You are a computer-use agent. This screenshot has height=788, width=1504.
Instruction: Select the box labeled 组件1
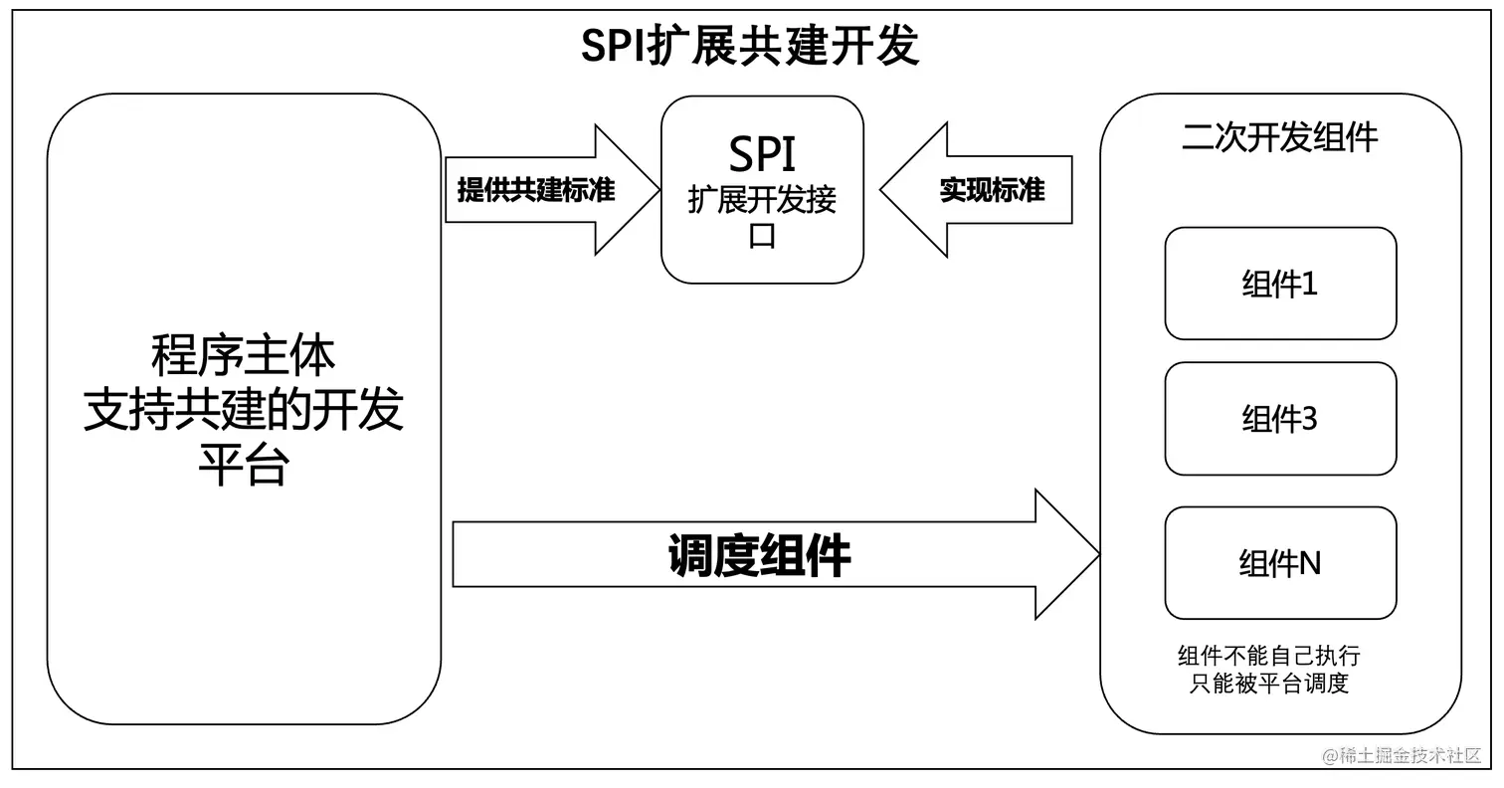tap(1280, 284)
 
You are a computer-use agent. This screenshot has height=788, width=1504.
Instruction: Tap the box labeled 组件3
tap(1280, 418)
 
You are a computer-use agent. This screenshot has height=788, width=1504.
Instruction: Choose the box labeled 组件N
tap(1280, 563)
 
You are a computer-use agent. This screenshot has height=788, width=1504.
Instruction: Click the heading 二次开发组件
tap(1279, 137)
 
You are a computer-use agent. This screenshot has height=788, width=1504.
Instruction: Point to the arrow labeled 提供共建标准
tap(537, 189)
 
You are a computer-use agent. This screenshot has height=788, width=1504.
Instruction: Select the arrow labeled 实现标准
tap(991, 189)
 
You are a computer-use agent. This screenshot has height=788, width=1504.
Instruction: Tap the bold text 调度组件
tap(759, 555)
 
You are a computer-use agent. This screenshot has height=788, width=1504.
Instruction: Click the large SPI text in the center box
tap(762, 153)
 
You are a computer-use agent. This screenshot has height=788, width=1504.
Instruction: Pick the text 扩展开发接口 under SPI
tap(762, 217)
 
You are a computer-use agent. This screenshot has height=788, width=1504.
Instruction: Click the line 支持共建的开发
tap(243, 409)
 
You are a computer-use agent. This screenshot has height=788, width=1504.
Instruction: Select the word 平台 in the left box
tap(243, 464)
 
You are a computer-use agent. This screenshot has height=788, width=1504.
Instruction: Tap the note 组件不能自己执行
tap(1268, 656)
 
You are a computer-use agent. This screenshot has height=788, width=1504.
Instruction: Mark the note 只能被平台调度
tap(1268, 684)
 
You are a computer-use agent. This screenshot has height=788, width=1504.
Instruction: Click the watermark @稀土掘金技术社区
tap(1402, 755)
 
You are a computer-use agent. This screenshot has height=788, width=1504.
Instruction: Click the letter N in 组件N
tap(1310, 563)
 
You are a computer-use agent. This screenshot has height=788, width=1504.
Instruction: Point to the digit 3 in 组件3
tap(1309, 419)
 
